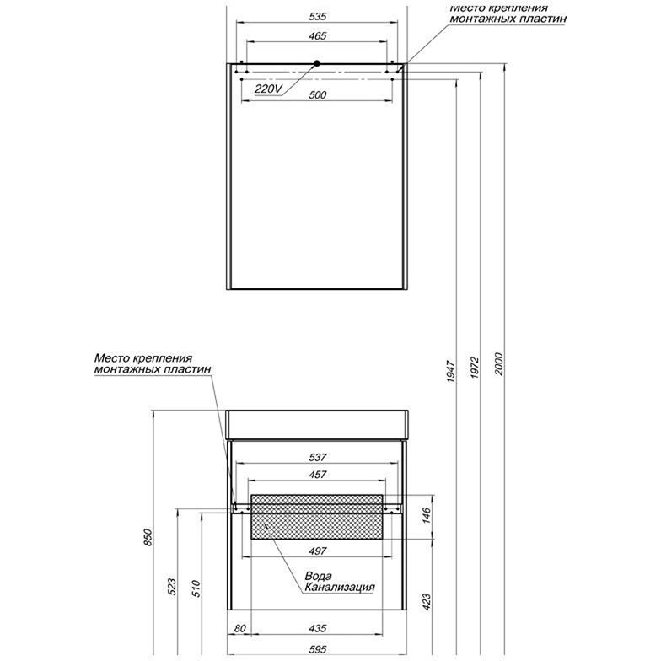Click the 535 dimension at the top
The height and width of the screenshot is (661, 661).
point(317,17)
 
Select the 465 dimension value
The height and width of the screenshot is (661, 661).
point(317,36)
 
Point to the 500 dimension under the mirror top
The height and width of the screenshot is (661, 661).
point(317,95)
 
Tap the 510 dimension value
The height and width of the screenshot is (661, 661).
point(195,588)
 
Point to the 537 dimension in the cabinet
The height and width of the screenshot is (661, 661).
point(317,457)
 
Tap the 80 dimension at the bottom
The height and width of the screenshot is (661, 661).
point(241,627)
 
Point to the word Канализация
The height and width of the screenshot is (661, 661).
point(340,588)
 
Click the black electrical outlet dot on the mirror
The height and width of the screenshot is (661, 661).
point(317,64)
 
